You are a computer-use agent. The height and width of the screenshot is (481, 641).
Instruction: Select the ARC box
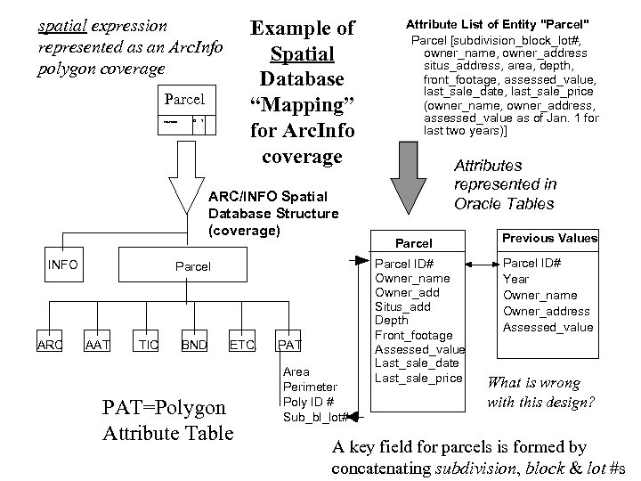[x=50, y=345]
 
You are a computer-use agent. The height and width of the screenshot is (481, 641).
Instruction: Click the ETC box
[x=242, y=345]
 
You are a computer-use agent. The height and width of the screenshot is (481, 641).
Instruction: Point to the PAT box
[x=290, y=345]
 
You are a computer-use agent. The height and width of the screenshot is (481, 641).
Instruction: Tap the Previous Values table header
[x=549, y=238]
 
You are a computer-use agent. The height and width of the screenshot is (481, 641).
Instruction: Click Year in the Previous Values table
[x=516, y=279]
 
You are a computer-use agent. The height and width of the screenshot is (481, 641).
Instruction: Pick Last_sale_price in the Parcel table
[x=418, y=378]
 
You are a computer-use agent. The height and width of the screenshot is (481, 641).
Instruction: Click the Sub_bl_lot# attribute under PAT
[x=314, y=416]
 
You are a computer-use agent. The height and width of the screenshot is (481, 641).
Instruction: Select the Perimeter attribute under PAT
[x=309, y=387]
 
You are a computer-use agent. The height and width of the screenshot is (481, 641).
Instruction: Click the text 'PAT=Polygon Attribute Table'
[x=168, y=421]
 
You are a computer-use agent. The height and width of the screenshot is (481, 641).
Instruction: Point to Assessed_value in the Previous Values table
[x=548, y=327]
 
